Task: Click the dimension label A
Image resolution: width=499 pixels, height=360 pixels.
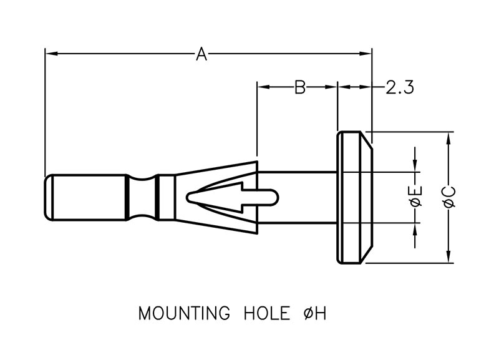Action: pos(201,54)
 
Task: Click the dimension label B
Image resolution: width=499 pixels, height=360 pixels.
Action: pos(299,87)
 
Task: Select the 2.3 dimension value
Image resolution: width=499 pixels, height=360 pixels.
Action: pos(400,87)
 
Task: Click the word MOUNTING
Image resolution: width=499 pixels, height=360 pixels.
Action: pos(185,313)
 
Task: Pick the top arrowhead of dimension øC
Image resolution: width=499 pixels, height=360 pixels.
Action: pos(448,137)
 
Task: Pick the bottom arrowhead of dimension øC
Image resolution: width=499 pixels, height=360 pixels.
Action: pos(448,258)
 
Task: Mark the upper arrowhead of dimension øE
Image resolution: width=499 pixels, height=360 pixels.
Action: pos(416,166)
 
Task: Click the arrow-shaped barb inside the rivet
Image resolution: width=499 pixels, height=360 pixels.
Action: pos(218,197)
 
